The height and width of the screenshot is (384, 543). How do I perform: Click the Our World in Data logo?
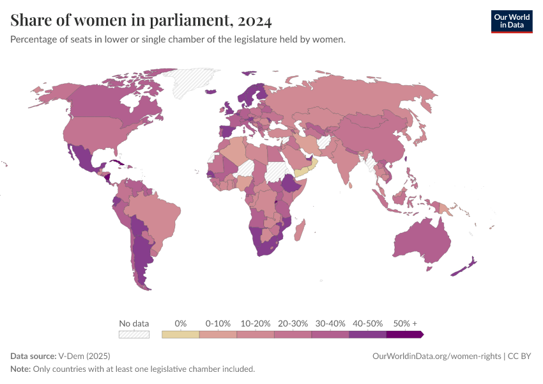tap(511, 21)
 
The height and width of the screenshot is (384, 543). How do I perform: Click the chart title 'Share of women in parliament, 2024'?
tap(141, 21)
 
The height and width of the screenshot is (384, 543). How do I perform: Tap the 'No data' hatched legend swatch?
tap(134, 334)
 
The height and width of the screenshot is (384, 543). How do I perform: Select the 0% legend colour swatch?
tap(181, 334)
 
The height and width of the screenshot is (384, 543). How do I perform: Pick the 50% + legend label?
tap(405, 323)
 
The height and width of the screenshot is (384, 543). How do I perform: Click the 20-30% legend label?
tap(293, 323)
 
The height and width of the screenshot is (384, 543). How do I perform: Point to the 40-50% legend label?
tap(367, 323)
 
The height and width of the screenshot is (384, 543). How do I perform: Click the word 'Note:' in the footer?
tap(20, 369)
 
